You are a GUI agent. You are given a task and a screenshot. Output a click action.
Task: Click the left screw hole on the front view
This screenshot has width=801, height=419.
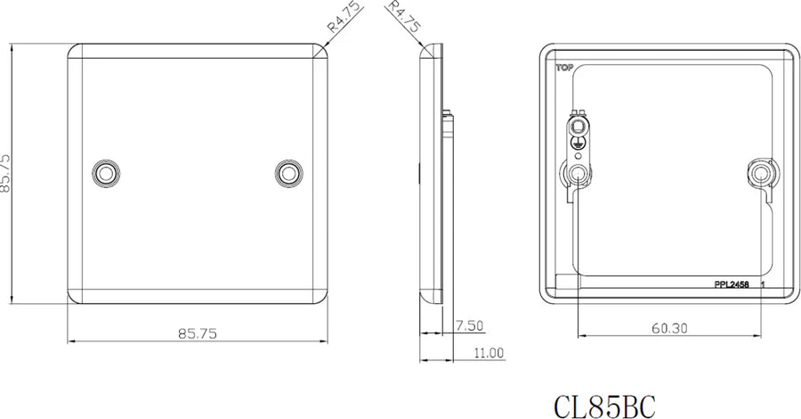(x=106, y=172)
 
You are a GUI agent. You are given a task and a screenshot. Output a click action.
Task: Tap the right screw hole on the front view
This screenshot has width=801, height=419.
(x=287, y=172)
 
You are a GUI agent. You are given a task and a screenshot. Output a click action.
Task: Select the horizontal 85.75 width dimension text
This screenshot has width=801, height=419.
(x=197, y=333)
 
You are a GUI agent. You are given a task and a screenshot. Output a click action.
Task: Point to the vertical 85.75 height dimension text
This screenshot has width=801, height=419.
(x=7, y=172)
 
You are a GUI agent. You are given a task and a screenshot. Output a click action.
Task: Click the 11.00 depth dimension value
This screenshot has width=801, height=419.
(x=487, y=353)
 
